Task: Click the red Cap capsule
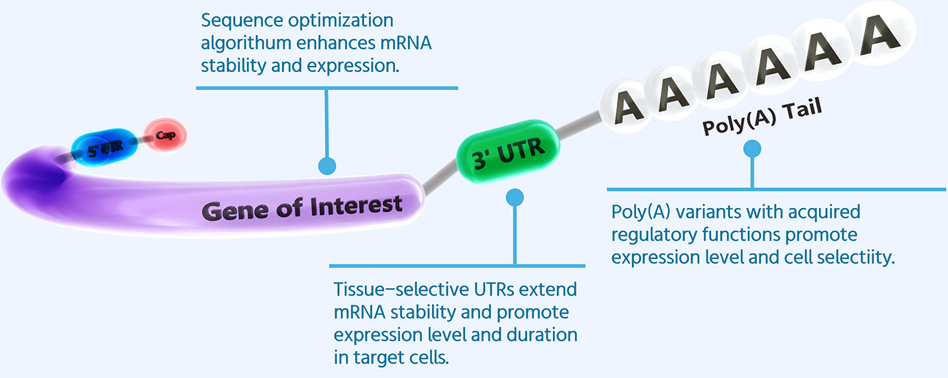pos(165,135)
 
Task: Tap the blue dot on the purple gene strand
pos(327,165)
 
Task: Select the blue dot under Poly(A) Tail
pos(753,149)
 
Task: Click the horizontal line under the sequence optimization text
pos(326,87)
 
